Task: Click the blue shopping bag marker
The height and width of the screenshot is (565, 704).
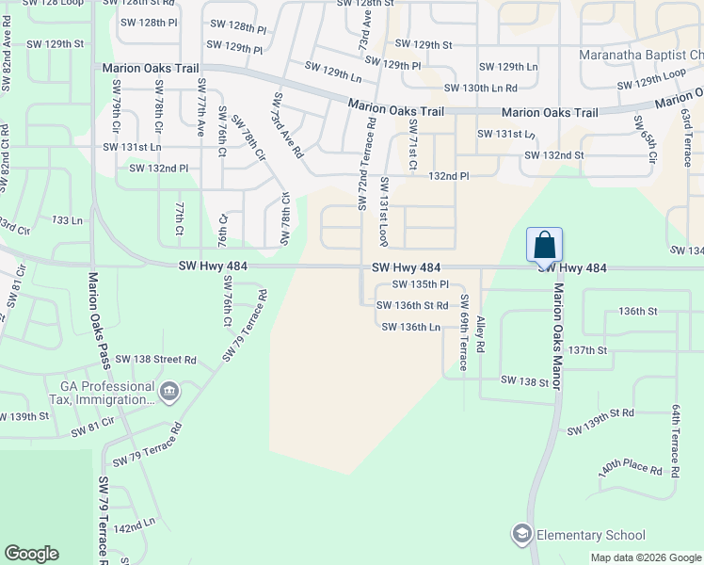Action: [544, 245]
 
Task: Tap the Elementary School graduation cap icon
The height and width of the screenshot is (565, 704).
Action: [521, 535]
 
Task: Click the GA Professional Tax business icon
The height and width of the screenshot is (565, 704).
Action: [169, 391]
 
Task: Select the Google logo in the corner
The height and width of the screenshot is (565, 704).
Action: [31, 554]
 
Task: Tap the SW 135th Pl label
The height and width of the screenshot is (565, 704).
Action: [420, 284]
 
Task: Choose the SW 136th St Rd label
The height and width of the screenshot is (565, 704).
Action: [412, 305]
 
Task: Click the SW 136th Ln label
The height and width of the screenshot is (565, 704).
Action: [411, 327]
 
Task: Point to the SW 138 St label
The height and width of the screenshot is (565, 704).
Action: [524, 380]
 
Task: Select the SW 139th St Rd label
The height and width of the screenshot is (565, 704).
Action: [600, 422]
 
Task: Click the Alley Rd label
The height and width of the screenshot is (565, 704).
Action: [480, 333]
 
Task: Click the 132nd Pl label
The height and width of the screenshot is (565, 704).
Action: [449, 176]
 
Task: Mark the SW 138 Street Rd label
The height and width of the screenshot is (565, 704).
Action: [164, 360]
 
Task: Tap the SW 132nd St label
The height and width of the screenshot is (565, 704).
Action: [554, 155]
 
